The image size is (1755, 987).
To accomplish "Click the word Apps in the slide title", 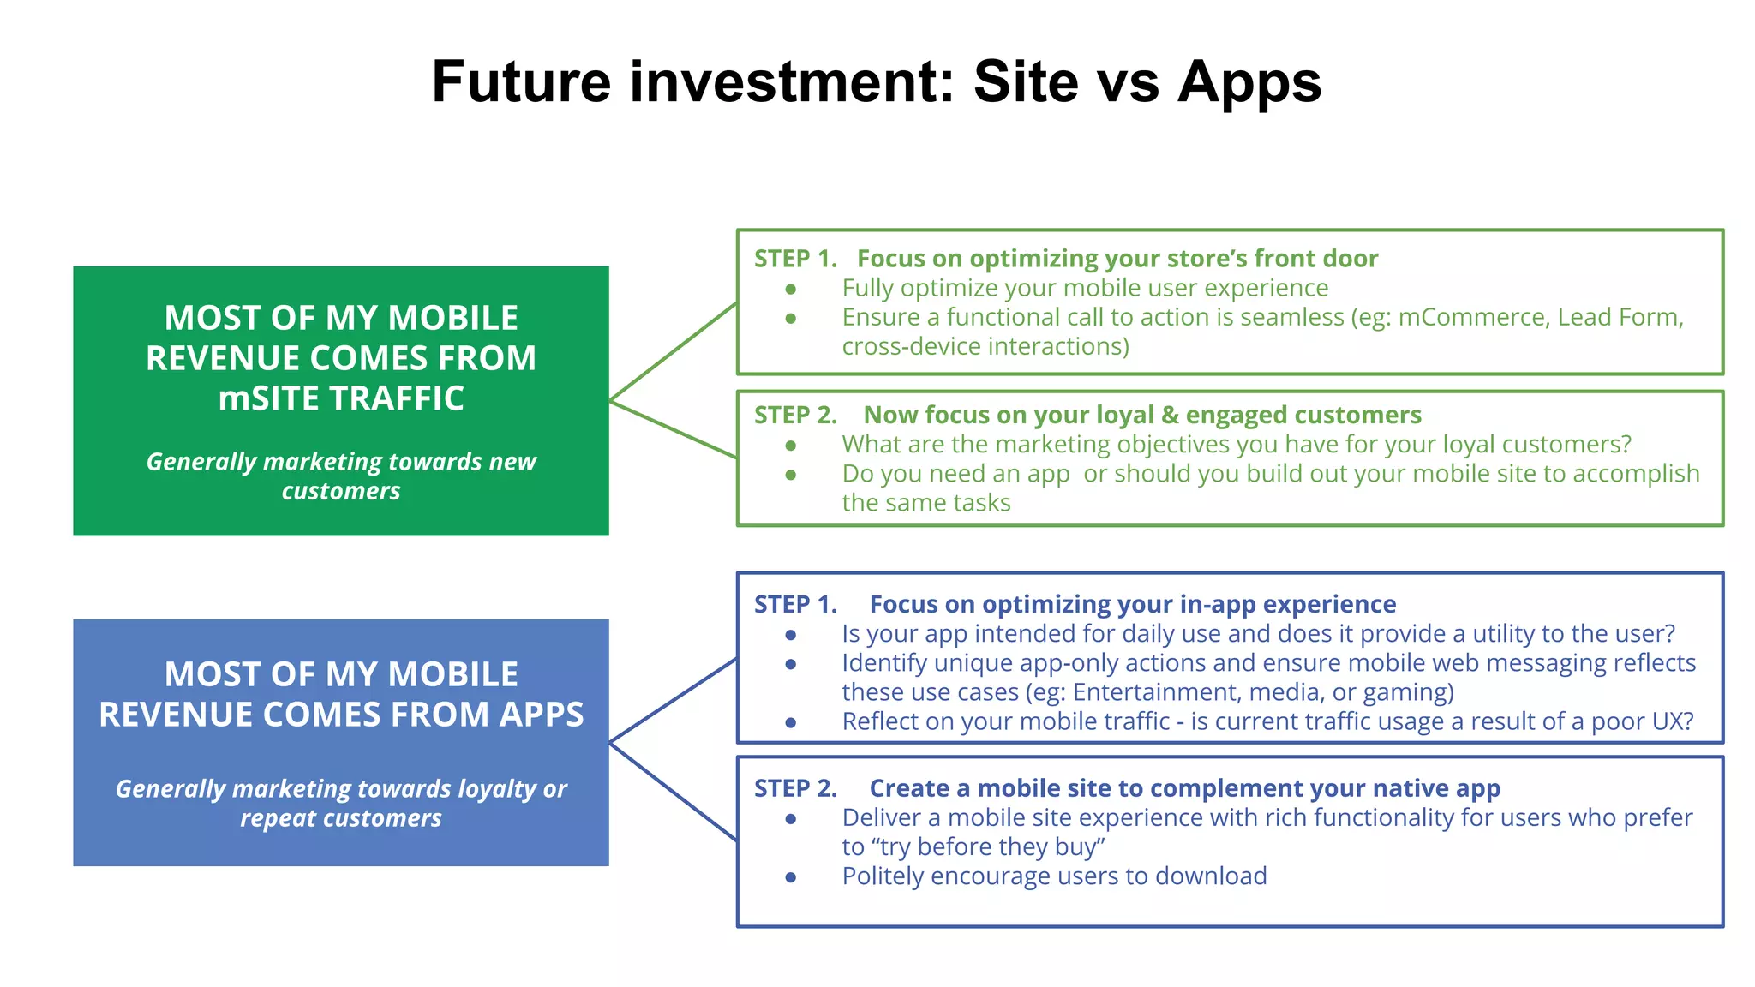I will click(x=1249, y=83).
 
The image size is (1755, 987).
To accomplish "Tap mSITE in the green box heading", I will click(x=269, y=398).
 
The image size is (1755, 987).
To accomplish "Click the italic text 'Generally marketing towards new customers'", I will click(x=341, y=476).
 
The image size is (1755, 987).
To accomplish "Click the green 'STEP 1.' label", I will click(x=794, y=259).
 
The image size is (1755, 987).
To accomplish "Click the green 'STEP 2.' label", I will click(x=794, y=415).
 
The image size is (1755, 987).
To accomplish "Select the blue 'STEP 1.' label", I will click(x=794, y=604).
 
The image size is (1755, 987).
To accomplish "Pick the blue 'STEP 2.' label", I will click(x=794, y=788).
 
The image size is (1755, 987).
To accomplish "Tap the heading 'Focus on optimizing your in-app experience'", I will click(x=1132, y=604).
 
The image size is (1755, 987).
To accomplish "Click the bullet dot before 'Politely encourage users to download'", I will click(x=791, y=877).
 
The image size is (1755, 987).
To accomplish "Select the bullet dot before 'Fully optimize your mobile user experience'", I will click(x=791, y=290).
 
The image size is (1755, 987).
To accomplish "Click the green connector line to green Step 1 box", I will click(x=673, y=352).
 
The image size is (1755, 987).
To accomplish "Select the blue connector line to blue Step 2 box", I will click(x=673, y=791).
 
